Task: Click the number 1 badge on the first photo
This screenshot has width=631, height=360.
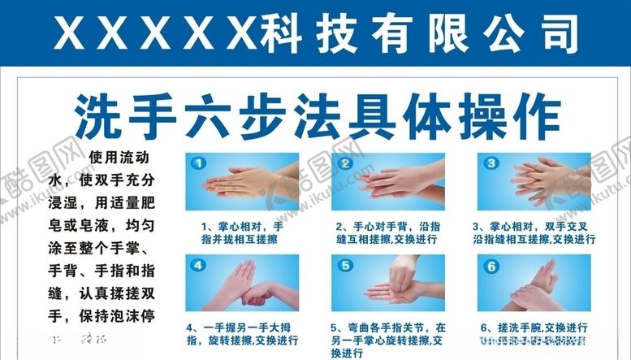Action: point(198,163)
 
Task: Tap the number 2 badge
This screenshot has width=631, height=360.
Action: point(345,163)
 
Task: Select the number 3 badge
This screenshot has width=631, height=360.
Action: point(491,163)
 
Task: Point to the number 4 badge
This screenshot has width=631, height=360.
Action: point(198,265)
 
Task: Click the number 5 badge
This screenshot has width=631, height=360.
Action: point(345,265)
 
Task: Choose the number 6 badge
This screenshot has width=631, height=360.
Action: point(491,265)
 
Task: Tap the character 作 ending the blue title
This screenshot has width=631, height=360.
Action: point(535,118)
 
